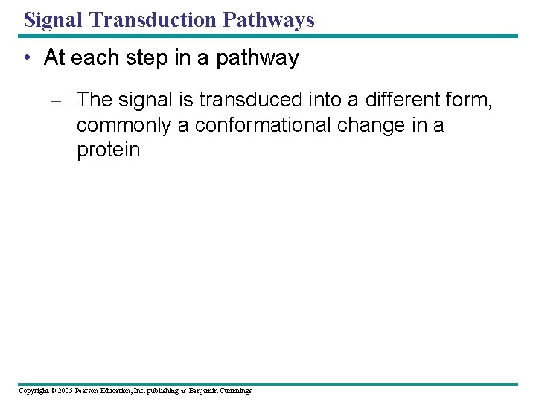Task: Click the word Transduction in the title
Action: (x=154, y=19)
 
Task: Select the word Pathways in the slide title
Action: (x=272, y=19)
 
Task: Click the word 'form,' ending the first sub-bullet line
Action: (x=469, y=99)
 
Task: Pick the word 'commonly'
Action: (x=124, y=124)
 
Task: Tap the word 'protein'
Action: (x=108, y=150)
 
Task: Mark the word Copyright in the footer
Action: (x=33, y=391)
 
